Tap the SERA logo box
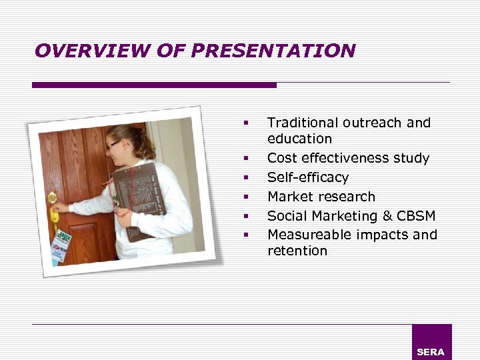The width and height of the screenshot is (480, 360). [431, 342]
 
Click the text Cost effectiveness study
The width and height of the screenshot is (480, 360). [348, 158]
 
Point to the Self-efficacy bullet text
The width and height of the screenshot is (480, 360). [307, 177]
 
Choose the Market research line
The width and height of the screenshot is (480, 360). [321, 197]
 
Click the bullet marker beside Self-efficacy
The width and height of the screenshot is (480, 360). [246, 178]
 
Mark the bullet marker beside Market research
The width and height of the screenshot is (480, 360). [246, 197]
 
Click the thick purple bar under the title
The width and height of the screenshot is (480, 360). [154, 85]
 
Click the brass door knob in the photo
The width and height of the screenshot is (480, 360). [52, 198]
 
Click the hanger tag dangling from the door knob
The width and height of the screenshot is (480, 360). [62, 245]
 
